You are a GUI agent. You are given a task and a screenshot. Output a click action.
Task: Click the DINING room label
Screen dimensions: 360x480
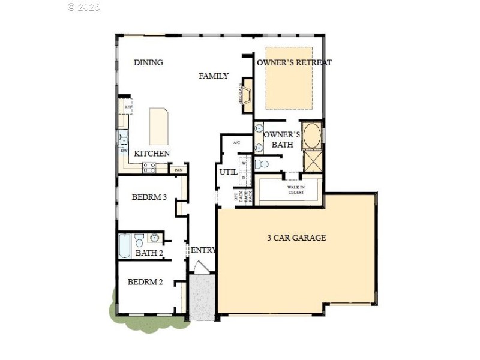click(x=148, y=62)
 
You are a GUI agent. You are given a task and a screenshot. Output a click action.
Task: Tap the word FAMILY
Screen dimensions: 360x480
click(x=214, y=76)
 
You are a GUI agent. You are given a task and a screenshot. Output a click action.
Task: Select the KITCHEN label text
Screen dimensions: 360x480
click(x=151, y=154)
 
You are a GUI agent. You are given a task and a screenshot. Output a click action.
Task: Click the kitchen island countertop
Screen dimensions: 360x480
click(x=158, y=125)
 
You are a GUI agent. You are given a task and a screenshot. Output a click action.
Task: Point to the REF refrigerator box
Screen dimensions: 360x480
click(x=128, y=107)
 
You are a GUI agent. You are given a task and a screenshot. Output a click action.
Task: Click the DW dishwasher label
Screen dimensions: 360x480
click(x=124, y=150)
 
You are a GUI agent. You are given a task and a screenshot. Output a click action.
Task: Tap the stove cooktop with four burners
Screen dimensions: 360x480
click(x=149, y=168)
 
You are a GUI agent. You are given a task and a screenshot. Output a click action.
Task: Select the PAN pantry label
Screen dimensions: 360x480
click(x=178, y=170)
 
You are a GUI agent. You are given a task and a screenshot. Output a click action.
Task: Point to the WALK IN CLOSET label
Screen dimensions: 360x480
click(x=295, y=190)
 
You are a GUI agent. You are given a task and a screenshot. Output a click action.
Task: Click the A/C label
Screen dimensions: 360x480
click(x=236, y=143)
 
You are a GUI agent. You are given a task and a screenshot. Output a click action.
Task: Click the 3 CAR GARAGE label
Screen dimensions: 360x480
click(x=296, y=238)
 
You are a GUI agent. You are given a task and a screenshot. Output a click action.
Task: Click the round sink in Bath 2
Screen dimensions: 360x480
click(x=154, y=238)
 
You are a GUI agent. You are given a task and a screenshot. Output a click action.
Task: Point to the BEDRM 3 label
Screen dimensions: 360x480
click(x=149, y=197)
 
